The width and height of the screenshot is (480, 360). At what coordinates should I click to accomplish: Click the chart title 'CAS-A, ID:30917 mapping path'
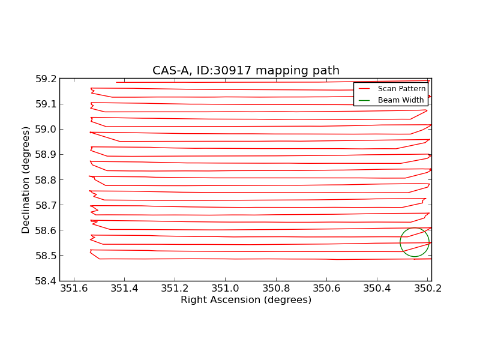point(245,71)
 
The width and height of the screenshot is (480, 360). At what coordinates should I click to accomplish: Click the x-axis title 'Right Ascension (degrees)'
point(245,300)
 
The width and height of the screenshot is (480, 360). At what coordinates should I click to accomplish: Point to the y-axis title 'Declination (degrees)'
point(26,179)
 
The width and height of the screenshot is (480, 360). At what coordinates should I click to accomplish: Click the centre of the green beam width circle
point(415,242)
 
